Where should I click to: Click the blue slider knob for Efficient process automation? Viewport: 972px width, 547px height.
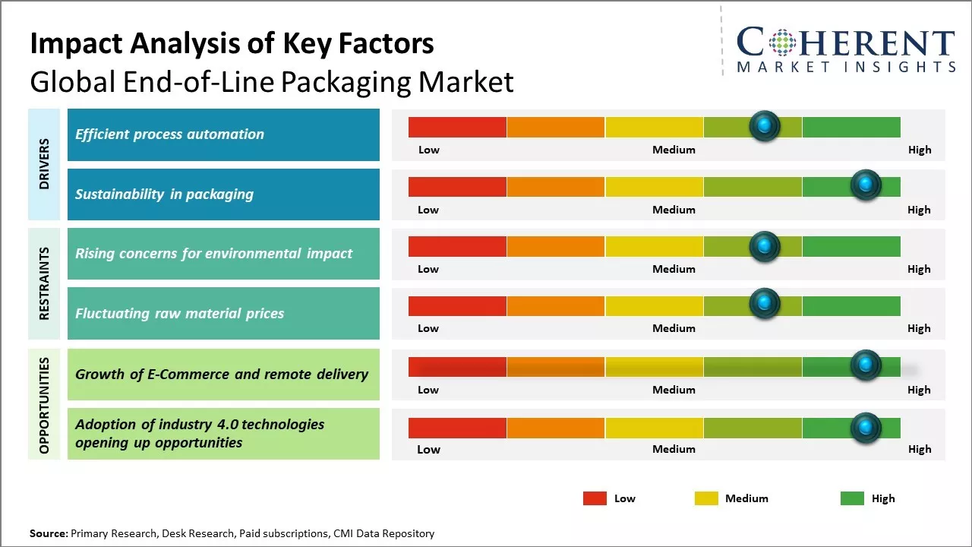[x=765, y=125]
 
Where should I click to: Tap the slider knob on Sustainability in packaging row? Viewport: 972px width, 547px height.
[x=865, y=185]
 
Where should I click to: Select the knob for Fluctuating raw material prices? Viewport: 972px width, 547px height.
[x=765, y=304]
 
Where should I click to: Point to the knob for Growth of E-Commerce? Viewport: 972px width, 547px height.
[x=865, y=365]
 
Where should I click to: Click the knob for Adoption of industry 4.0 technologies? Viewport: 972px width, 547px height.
[x=865, y=428]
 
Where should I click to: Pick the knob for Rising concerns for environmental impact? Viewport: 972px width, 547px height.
[x=765, y=245]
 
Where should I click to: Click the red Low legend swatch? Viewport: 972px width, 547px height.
[x=595, y=498]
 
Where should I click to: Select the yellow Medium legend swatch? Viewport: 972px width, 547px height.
[x=706, y=498]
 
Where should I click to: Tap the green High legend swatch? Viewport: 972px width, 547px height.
[x=852, y=498]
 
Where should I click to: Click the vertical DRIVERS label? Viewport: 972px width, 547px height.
[x=44, y=164]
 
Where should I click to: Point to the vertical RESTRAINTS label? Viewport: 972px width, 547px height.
[x=44, y=283]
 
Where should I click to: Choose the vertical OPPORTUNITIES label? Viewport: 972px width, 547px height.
[x=44, y=405]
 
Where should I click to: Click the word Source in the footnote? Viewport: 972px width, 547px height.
[x=48, y=534]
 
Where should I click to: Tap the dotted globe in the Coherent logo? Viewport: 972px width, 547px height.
[x=783, y=43]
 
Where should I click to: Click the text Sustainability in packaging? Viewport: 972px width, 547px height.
[x=164, y=194]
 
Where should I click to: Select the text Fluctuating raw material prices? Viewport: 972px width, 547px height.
[x=179, y=314]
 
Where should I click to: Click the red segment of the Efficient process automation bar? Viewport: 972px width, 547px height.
[x=457, y=127]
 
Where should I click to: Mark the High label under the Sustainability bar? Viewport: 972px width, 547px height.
[x=919, y=210]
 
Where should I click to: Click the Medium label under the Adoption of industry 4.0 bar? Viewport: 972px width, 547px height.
[x=674, y=449]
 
